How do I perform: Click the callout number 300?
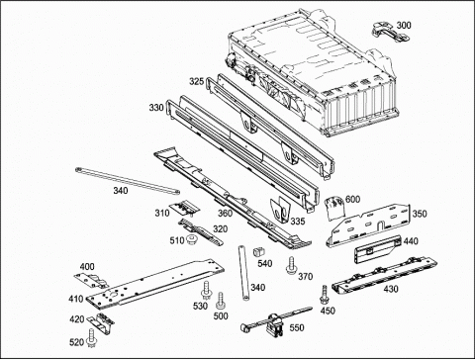(x=404, y=26)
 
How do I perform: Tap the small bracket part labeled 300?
(x=391, y=33)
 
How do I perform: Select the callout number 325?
(x=196, y=81)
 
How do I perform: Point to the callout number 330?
(x=156, y=108)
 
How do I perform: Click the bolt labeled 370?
(x=291, y=266)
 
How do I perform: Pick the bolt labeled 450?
(x=324, y=295)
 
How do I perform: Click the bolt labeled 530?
(x=206, y=290)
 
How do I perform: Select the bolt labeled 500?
(x=220, y=300)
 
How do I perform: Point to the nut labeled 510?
(x=191, y=239)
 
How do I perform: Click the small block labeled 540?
(x=258, y=253)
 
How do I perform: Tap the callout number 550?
(x=297, y=328)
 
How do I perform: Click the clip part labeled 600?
(x=334, y=209)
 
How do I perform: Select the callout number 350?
(x=420, y=214)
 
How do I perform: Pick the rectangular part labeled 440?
(x=377, y=250)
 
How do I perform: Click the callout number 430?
(x=391, y=289)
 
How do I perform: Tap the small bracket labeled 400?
(x=91, y=280)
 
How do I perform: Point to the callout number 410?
(x=76, y=299)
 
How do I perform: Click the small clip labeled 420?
(x=101, y=320)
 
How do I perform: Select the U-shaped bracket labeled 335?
(x=280, y=210)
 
